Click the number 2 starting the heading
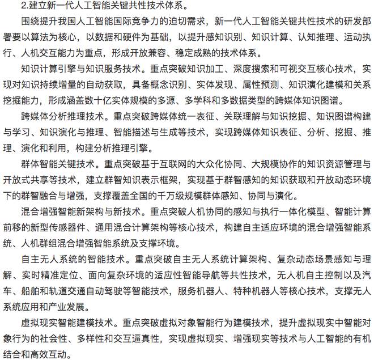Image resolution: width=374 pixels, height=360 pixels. [x=23, y=7]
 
